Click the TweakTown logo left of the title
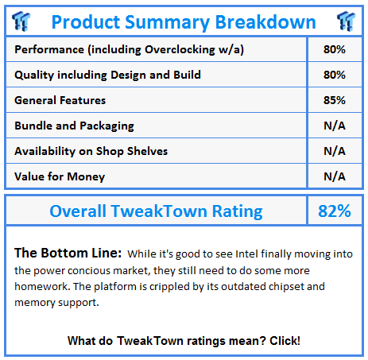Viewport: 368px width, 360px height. click(21, 21)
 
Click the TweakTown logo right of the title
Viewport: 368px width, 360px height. click(346, 21)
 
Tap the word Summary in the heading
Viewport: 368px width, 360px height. click(168, 22)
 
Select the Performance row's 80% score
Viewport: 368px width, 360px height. click(335, 49)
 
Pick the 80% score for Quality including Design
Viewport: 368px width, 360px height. click(335, 75)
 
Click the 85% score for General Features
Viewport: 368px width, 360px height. click(335, 100)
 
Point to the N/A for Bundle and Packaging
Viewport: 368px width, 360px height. click(335, 126)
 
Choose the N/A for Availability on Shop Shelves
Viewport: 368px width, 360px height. click(335, 151)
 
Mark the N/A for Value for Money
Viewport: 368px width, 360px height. click(335, 176)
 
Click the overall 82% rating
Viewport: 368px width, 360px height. click(335, 211)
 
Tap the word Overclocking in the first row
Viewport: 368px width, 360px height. click(180, 50)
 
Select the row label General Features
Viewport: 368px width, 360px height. click(60, 100)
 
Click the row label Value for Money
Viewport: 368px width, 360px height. click(60, 177)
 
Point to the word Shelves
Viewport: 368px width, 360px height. click(147, 151)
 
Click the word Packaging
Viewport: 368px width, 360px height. click(107, 126)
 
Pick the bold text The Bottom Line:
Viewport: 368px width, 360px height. click(68, 253)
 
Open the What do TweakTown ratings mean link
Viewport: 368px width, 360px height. click(184, 341)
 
